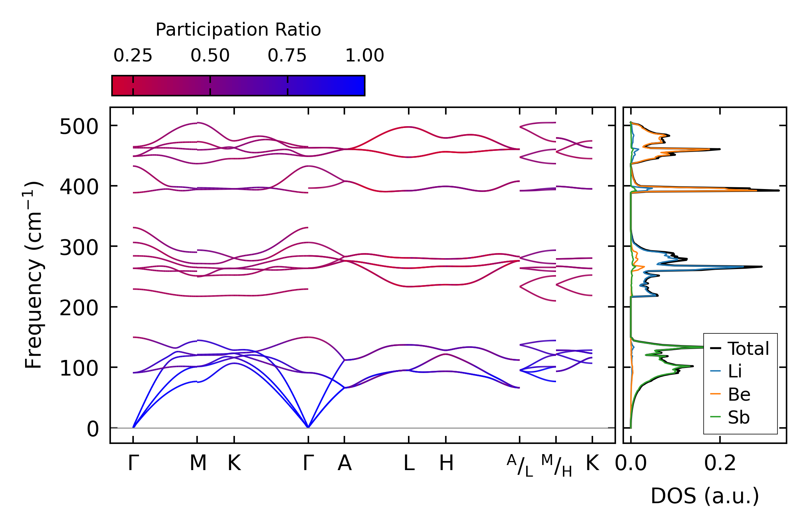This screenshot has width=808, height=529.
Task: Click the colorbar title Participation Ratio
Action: [238, 30]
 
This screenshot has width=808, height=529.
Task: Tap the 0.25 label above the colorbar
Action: [133, 56]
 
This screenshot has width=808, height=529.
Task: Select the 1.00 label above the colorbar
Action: [364, 56]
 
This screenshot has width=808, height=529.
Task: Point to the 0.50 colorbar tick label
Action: [210, 56]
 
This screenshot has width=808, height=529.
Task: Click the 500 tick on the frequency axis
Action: [79, 127]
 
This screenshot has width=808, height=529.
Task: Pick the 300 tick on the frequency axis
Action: [79, 248]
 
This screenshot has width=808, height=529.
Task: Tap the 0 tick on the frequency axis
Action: [93, 429]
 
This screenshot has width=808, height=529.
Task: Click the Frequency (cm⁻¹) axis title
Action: [33, 274]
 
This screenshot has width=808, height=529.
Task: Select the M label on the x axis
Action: [198, 464]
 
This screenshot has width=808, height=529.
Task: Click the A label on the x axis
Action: [344, 464]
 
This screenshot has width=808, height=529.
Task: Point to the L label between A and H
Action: [409, 464]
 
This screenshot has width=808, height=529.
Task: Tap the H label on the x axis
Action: [446, 464]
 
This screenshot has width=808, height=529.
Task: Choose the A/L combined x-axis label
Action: [520, 466]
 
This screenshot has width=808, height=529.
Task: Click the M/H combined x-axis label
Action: [556, 466]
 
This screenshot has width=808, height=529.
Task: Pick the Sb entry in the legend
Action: [739, 417]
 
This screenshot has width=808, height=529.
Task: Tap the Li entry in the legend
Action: [735, 372]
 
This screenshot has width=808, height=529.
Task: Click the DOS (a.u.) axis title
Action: [705, 496]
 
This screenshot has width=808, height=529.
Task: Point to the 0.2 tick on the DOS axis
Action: [720, 464]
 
